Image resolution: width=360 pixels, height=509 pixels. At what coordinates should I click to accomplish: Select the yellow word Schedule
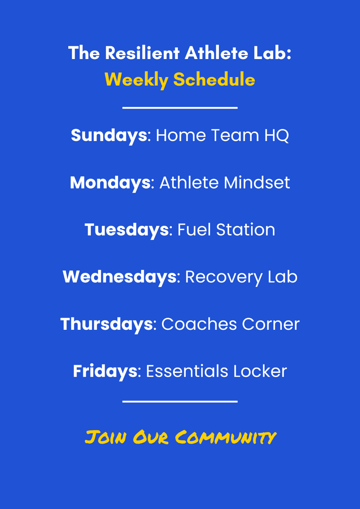[214, 80]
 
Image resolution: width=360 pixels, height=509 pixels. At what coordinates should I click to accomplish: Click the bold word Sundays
[109, 136]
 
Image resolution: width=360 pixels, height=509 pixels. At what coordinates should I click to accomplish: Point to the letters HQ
[277, 136]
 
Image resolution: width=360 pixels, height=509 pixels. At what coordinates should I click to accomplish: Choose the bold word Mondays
[110, 183]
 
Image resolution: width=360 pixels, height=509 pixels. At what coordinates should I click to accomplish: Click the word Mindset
[257, 183]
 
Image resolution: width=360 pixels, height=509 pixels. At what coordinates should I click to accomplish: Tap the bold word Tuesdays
[127, 230]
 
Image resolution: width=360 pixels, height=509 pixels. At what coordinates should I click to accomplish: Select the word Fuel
[194, 230]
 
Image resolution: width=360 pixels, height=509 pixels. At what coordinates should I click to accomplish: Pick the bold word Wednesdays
[120, 277]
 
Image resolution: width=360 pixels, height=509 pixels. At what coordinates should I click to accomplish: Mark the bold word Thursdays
[106, 324]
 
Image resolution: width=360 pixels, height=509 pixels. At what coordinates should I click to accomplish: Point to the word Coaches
[199, 324]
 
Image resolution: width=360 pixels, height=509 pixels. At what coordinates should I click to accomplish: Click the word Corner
[271, 324]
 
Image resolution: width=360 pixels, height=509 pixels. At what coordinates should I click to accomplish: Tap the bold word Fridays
[105, 372]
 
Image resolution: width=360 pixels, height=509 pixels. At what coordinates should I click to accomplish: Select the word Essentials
[187, 371]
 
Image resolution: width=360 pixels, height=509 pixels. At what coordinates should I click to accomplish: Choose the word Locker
[260, 371]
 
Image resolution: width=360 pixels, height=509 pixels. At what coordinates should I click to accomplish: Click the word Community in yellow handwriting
[226, 437]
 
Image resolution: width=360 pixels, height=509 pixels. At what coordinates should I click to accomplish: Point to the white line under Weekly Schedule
[180, 108]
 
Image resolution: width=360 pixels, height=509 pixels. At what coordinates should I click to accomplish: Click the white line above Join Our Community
[180, 402]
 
